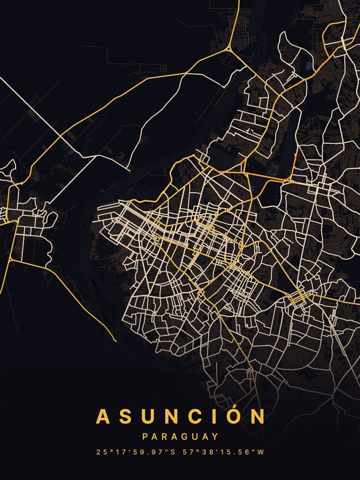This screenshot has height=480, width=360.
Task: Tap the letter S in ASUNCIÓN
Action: pos(126,416)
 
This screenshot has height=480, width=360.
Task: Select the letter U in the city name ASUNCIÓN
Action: pos(149,416)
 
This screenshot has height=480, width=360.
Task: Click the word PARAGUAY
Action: pos(180,437)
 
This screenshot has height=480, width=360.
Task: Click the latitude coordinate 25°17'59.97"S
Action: pos(134,452)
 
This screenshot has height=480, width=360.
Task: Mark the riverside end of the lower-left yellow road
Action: pos(115,340)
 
